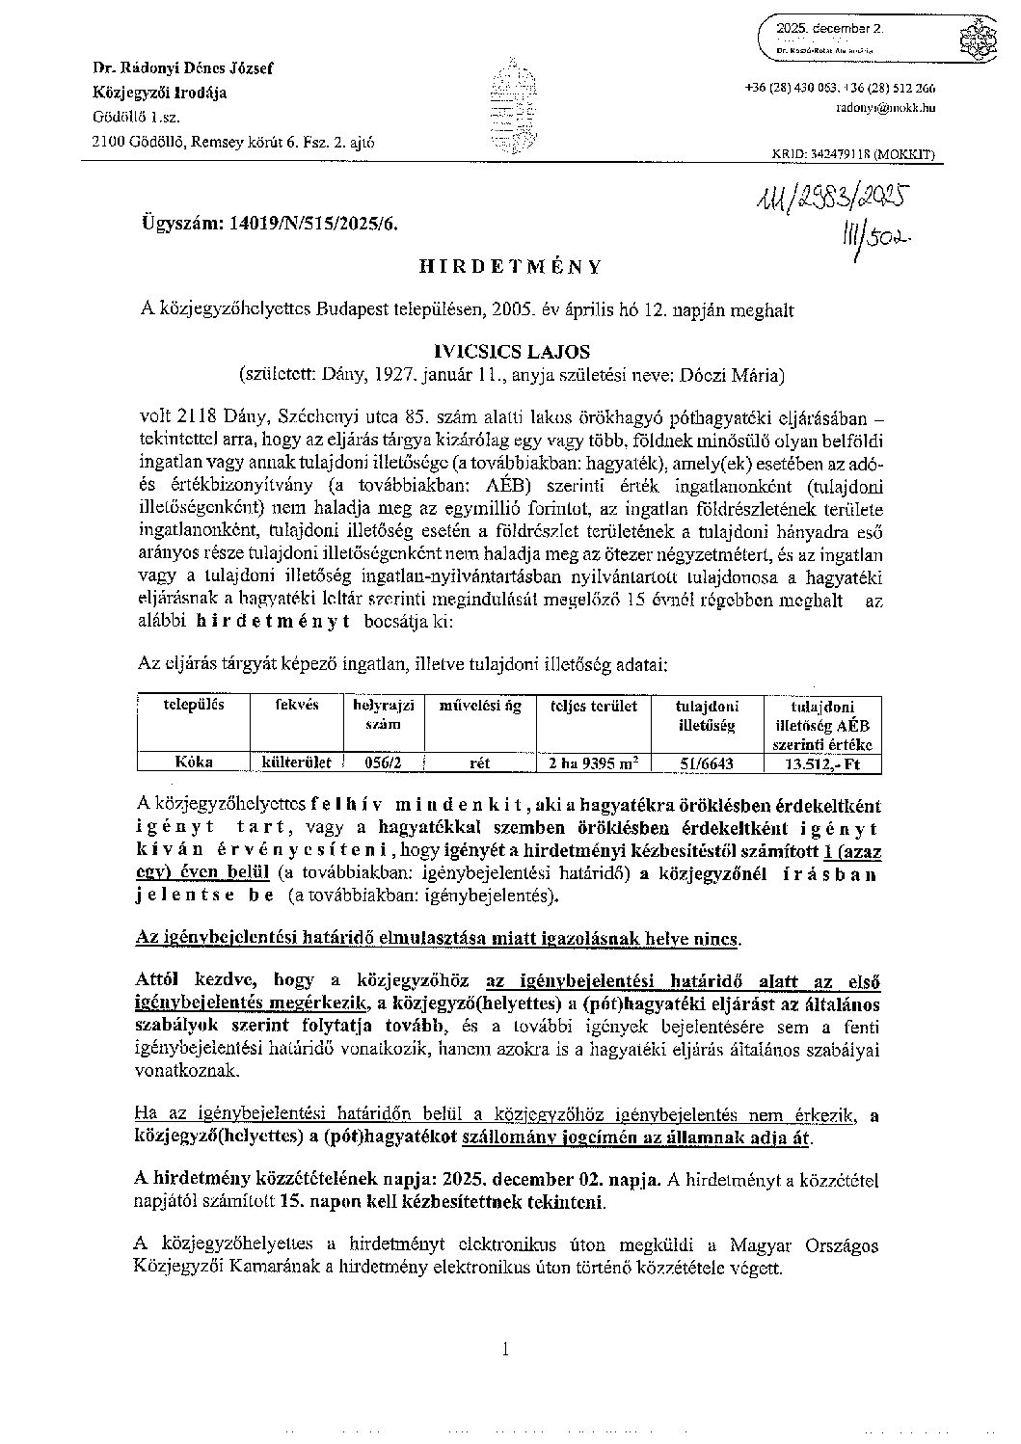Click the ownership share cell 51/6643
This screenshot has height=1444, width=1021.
point(706,762)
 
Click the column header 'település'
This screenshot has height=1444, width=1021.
point(193,705)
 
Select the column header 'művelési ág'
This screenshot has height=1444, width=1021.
point(480,706)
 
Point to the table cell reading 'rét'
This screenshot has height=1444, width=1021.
point(479,762)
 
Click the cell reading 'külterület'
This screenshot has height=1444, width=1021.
point(297,762)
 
